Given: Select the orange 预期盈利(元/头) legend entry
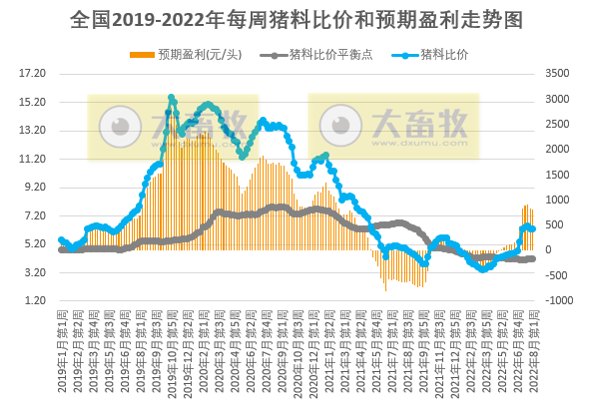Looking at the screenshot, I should point(195,54).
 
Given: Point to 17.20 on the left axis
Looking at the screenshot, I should point(34,74).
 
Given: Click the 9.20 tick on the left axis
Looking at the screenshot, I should point(34,188).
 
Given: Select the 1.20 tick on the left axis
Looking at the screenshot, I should point(34,301).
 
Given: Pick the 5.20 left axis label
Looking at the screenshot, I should point(34,244).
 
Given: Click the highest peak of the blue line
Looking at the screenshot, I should point(172,98).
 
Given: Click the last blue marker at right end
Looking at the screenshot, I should point(533,228).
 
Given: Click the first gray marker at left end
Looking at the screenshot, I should point(61,249).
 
